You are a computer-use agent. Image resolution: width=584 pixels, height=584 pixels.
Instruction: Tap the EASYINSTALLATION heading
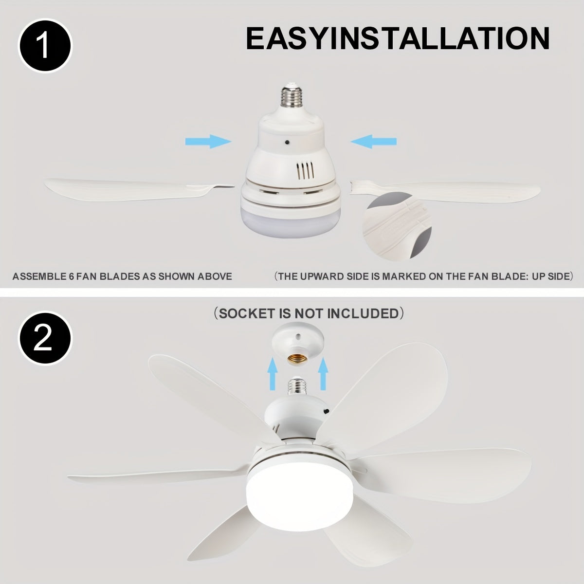point(398,39)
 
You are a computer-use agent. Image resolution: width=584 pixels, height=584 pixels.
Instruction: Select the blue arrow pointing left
point(374,142)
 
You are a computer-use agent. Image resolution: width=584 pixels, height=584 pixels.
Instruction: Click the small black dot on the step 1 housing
point(288,142)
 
